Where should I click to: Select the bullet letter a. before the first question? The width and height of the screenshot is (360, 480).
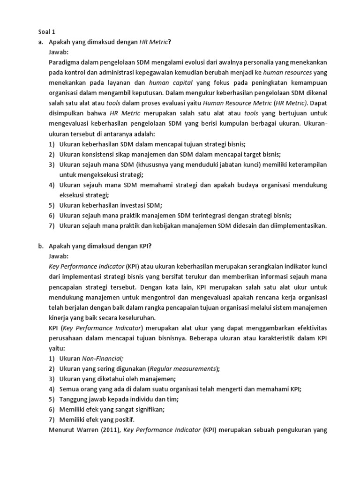click(40, 42)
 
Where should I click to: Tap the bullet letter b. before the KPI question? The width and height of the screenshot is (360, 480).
click(40, 246)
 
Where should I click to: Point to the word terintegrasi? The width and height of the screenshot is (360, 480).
click(209, 216)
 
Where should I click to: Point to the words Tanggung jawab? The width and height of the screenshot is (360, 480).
click(80, 399)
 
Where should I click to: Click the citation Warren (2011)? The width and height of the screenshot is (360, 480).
click(97, 430)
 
